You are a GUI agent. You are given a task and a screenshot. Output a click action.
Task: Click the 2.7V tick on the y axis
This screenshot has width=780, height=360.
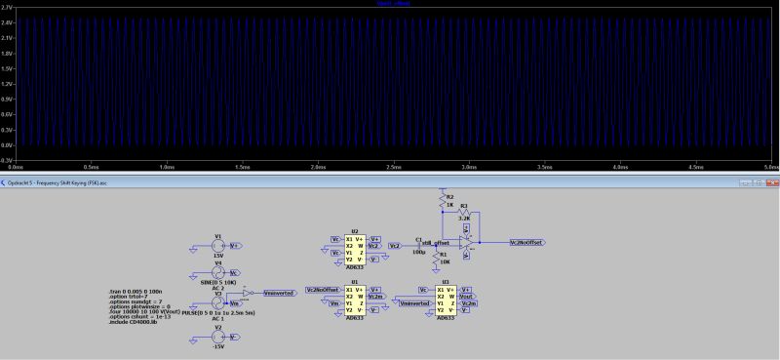[7, 7]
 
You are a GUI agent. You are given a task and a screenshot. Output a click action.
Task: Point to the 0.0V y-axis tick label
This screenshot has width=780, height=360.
[7, 144]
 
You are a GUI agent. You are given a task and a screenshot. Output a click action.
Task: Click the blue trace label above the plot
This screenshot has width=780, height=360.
[390, 3]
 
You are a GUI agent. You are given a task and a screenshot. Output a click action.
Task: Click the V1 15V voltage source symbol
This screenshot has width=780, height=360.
[218, 247]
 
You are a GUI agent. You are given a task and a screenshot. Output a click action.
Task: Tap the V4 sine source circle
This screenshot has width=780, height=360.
[218, 273]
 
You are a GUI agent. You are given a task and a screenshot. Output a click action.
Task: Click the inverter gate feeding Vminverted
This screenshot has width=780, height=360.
[250, 292]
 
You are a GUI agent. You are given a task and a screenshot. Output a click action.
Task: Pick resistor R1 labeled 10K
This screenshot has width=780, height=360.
[444, 255]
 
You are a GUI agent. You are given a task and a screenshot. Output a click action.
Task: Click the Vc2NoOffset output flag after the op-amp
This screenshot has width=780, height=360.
[526, 242]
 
